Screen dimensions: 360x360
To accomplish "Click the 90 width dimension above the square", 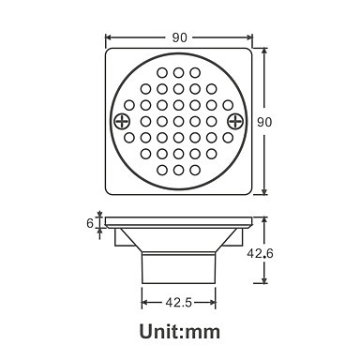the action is click(179, 37).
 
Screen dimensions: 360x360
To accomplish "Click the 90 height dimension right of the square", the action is click(264, 122).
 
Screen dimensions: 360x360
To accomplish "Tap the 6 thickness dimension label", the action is click(90, 223).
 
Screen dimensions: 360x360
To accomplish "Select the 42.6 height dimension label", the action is click(260, 253).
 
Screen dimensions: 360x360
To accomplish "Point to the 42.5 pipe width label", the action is click(178, 302).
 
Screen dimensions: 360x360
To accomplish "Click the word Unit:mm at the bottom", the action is click(180, 332).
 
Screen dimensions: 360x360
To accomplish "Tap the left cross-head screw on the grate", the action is click(122, 121).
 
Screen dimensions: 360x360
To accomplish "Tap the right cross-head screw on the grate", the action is click(235, 121).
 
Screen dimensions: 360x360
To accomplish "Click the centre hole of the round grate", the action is click(178, 121).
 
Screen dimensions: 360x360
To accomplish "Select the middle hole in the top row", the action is click(178, 72).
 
